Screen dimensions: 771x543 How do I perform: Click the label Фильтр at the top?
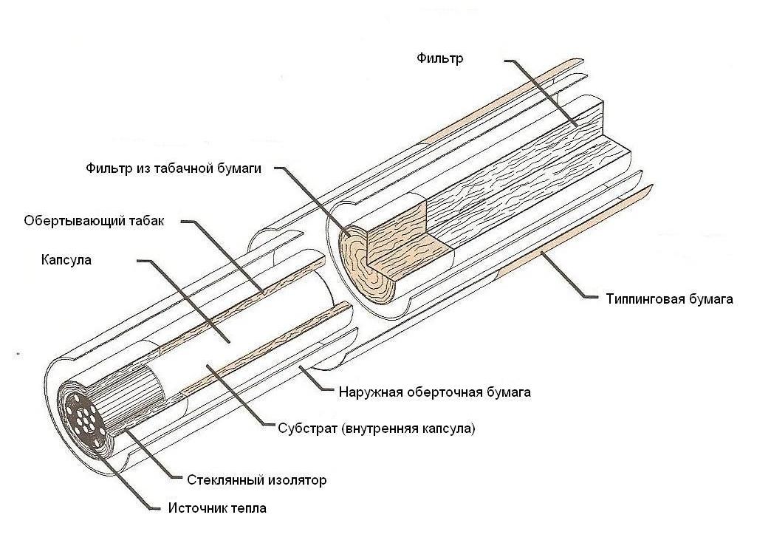(x=440, y=58)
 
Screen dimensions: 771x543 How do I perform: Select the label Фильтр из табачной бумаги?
(x=174, y=168)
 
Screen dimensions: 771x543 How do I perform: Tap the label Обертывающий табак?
(x=94, y=221)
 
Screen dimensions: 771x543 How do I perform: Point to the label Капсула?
(x=66, y=260)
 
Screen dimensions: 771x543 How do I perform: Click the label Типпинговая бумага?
(x=669, y=299)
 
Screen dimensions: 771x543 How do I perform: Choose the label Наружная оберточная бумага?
(x=435, y=392)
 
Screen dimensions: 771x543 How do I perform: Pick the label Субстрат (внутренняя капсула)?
(x=377, y=428)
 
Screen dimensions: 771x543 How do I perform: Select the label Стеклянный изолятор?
(x=257, y=479)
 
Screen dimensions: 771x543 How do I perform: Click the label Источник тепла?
(x=217, y=508)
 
